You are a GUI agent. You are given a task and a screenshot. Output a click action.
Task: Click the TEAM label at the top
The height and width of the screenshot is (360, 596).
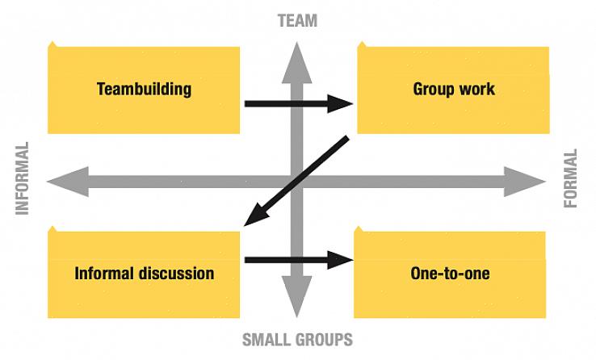(297, 21)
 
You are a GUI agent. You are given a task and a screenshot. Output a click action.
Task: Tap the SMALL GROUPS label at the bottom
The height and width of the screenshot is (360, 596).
(297, 339)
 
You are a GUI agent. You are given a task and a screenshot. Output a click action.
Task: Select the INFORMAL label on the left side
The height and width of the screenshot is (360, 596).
(22, 178)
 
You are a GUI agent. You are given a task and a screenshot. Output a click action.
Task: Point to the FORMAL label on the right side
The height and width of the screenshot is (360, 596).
(571, 178)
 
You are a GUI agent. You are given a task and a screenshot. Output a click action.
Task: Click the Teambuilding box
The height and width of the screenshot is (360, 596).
(144, 89)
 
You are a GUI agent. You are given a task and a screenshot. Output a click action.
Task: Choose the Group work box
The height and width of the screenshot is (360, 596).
(453, 89)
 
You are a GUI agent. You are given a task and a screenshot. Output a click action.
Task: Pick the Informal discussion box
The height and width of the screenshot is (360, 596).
(144, 274)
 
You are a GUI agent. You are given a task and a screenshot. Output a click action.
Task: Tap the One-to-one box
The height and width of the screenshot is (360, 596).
(450, 274)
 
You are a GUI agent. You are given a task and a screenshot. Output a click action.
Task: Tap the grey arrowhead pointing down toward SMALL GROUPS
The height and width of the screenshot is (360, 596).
(297, 297)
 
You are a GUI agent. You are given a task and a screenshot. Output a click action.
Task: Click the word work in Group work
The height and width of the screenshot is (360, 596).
(476, 89)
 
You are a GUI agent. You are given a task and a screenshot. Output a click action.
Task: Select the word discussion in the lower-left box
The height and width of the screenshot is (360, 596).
(175, 274)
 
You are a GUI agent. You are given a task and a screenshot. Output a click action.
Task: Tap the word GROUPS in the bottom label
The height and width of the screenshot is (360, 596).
(323, 339)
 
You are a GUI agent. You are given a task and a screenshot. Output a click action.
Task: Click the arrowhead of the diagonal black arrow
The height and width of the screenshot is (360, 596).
(254, 216)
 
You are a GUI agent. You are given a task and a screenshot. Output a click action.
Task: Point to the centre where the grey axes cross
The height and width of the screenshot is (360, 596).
(297, 182)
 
